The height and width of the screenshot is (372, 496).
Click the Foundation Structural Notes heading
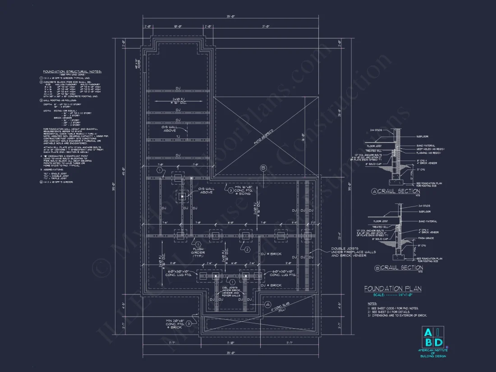[73, 72]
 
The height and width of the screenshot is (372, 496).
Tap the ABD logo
[433, 337]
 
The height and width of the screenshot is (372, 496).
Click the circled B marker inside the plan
[263, 168]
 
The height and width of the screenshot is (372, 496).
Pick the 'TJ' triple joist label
[178, 137]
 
